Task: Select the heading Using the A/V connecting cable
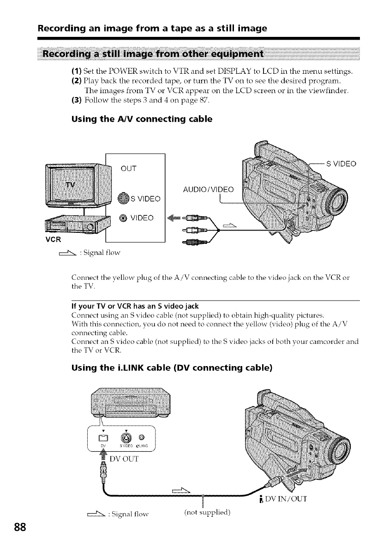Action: (142, 119)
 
